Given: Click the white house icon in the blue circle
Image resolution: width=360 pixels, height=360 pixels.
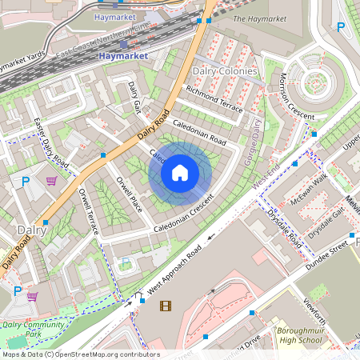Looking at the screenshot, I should click(x=180, y=172).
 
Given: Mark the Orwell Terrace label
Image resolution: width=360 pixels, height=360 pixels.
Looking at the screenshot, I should click(x=88, y=210).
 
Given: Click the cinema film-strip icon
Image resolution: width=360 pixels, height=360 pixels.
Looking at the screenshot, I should click(x=166, y=305).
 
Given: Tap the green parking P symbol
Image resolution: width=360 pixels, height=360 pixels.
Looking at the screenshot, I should click(x=125, y=263).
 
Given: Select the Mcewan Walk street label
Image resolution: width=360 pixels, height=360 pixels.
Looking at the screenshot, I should click(x=310, y=194).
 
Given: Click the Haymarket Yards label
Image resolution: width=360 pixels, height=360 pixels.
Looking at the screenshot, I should click(x=24, y=62).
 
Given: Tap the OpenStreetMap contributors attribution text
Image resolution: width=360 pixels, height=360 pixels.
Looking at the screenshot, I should click(x=80, y=354).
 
